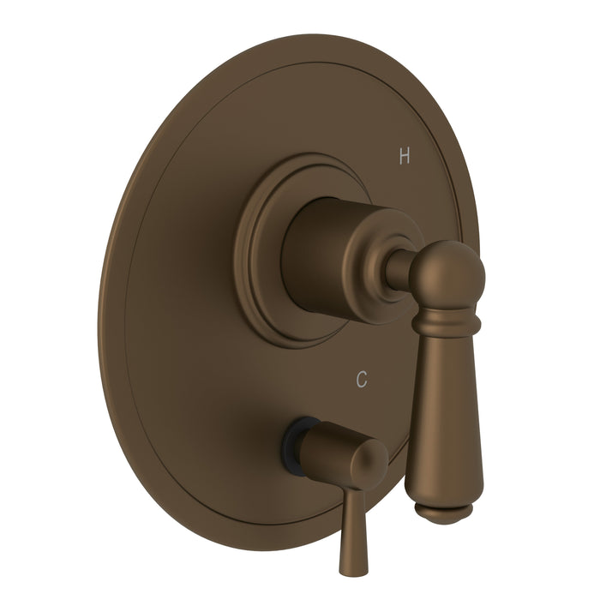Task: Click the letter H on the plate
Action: [x=405, y=157]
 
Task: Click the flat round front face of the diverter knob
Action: [x=366, y=464]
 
